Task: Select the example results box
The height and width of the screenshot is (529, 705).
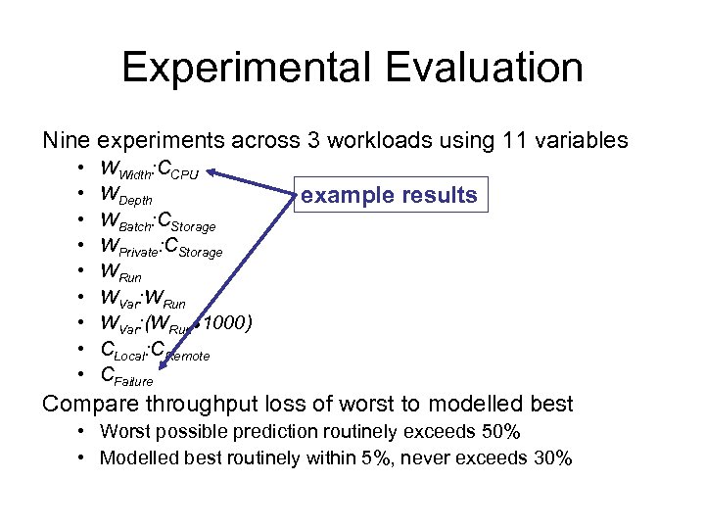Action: (x=389, y=195)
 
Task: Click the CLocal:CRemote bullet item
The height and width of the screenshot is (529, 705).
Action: (x=155, y=350)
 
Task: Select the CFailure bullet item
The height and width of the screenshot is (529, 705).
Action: (x=127, y=375)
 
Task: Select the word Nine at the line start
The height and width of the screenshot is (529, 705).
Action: (x=67, y=140)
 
